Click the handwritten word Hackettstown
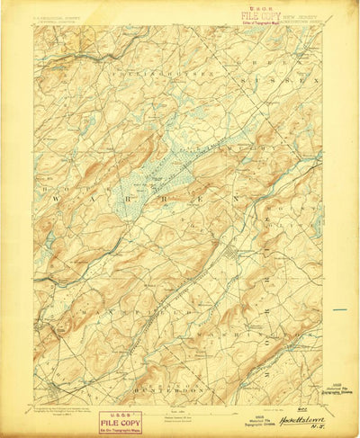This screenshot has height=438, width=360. [300, 419]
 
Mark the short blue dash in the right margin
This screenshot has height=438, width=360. [339, 309]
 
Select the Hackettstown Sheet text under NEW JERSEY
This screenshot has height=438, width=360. [306, 22]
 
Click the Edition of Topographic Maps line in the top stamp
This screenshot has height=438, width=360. [261, 22]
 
